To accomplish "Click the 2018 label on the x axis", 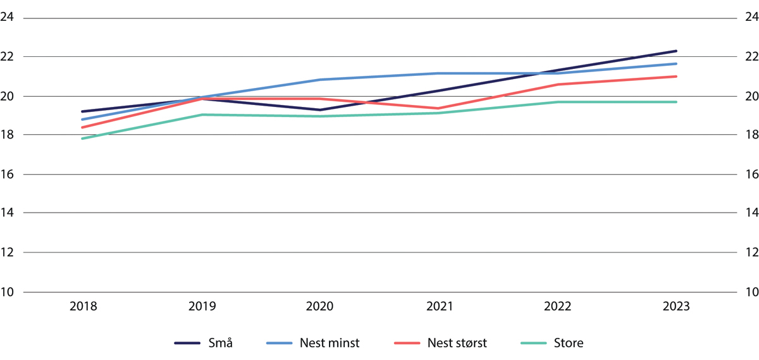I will click(x=83, y=306).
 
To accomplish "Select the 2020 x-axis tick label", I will click(x=320, y=306).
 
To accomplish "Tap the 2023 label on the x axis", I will click(x=676, y=306).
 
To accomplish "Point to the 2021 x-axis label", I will click(x=439, y=306).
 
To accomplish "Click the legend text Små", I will click(x=221, y=344).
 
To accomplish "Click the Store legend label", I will click(x=569, y=344).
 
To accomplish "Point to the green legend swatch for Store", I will click(x=535, y=344).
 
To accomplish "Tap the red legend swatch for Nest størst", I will click(x=408, y=344).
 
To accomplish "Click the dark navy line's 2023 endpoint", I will click(x=676, y=51).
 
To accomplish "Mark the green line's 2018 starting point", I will click(x=83, y=139).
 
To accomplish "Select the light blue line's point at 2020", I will click(x=320, y=80).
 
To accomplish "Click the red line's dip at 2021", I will click(x=439, y=108).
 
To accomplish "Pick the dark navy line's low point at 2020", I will click(x=320, y=110).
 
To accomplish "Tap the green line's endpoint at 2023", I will click(x=676, y=102).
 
